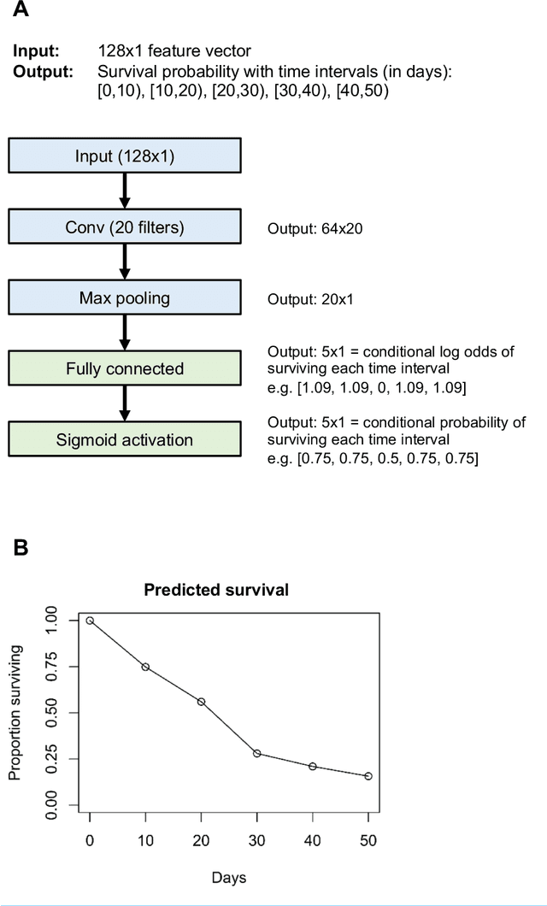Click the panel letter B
point(21,548)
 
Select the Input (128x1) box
point(125,156)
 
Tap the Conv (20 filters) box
point(125,226)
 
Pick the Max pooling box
point(125,297)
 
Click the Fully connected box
point(125,368)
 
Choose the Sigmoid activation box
point(125,440)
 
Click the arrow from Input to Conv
point(125,191)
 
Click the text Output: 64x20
point(317,228)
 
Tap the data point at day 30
point(256,753)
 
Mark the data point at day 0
point(90,621)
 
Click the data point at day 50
point(368,776)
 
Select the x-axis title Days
point(229,877)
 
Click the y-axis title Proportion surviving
point(15,712)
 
